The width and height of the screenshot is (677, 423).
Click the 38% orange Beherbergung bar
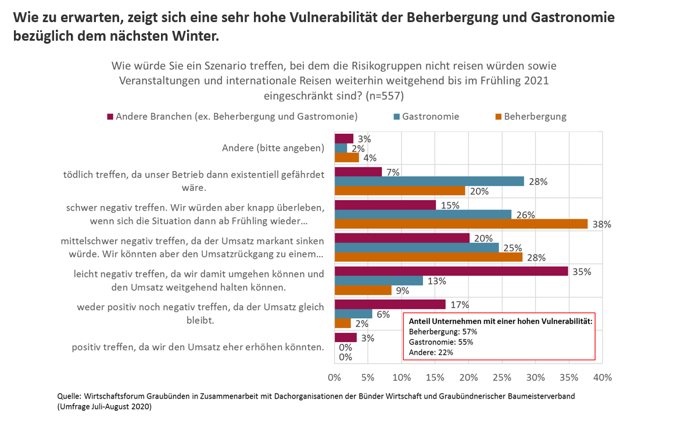461,224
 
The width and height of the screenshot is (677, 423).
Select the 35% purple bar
451,271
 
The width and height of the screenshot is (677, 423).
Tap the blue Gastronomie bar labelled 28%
429,182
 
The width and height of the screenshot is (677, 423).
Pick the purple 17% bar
390,304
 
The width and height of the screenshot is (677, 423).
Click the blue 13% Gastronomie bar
378,280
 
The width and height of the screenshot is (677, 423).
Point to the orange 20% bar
400,191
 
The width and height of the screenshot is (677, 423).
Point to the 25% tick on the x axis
502,378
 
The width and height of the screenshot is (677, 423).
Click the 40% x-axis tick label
603,378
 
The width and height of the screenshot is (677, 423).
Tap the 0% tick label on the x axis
335,378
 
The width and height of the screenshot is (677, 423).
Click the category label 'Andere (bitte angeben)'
273,148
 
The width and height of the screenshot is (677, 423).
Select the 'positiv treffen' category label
198,347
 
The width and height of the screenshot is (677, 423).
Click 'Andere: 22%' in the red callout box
431,352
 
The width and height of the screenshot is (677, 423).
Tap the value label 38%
602,225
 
